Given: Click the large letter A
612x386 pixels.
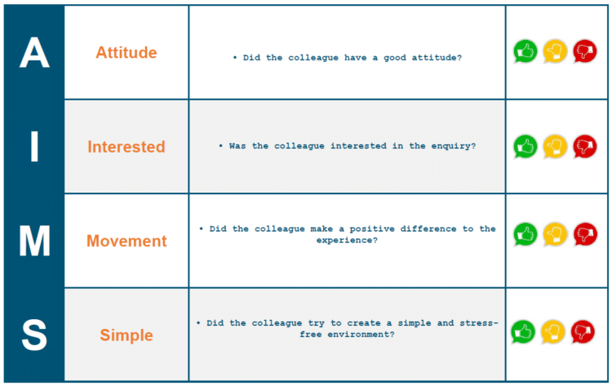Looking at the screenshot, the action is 34,52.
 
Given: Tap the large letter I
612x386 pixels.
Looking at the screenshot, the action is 34,146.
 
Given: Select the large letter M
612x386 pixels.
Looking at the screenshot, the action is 34,241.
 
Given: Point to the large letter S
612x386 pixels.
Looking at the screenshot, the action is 34,335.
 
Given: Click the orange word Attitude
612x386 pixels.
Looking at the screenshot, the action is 126,52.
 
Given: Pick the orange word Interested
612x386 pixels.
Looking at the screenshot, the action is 126,147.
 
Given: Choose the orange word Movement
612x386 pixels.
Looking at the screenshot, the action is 126,241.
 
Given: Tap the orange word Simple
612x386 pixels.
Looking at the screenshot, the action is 126,335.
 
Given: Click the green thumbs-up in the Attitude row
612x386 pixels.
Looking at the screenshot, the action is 526,51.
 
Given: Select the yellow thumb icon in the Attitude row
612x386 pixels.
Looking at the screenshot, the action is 555,51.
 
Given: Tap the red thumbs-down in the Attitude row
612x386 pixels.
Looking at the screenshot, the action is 585,51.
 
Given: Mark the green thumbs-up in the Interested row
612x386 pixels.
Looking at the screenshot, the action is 526,146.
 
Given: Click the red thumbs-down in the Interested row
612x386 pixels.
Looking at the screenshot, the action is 585,146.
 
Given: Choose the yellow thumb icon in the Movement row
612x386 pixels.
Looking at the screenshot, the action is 555,234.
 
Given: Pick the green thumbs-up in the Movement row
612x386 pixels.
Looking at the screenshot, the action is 526,234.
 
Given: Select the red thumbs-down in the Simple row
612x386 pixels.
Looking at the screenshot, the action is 583,332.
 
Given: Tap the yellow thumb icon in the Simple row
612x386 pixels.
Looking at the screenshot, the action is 552,332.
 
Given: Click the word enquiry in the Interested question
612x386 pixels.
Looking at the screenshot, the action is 454,146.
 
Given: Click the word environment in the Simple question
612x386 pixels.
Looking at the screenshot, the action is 361,335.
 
